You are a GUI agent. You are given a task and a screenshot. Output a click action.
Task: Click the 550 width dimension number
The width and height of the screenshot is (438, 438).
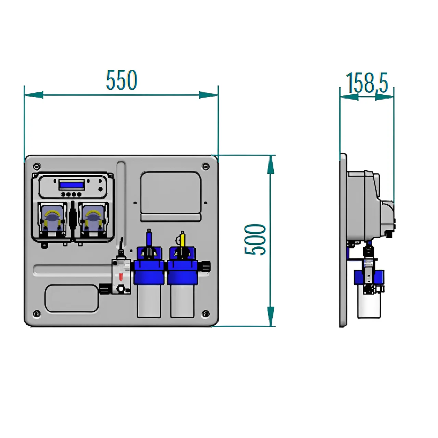[x=121, y=81]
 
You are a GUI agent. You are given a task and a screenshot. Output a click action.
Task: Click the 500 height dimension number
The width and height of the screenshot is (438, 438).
[x=255, y=240]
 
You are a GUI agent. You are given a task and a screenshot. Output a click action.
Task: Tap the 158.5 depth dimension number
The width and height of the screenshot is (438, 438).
[x=367, y=83]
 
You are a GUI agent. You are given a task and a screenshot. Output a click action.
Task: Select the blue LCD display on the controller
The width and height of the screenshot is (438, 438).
[x=71, y=185]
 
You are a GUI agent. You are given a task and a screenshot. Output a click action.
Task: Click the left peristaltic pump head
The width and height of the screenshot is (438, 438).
[x=52, y=219]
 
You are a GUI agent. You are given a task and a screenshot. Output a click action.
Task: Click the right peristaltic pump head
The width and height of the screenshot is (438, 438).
[x=93, y=219]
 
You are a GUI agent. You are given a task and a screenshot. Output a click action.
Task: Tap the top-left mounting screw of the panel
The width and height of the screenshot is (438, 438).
[x=36, y=167]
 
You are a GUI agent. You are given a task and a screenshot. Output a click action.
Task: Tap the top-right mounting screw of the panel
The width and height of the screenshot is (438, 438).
[x=205, y=167]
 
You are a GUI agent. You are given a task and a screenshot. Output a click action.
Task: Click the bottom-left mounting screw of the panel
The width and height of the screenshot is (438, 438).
[x=36, y=313]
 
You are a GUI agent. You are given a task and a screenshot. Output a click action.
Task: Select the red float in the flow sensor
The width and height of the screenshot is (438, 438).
[x=120, y=276]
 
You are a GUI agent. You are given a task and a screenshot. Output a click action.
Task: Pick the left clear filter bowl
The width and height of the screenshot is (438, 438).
[x=149, y=301]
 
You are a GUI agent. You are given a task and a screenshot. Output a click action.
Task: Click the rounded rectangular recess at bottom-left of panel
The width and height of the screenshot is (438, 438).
[x=72, y=298]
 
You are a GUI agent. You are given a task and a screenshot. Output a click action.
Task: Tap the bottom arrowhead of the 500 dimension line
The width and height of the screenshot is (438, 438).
[x=271, y=317]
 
